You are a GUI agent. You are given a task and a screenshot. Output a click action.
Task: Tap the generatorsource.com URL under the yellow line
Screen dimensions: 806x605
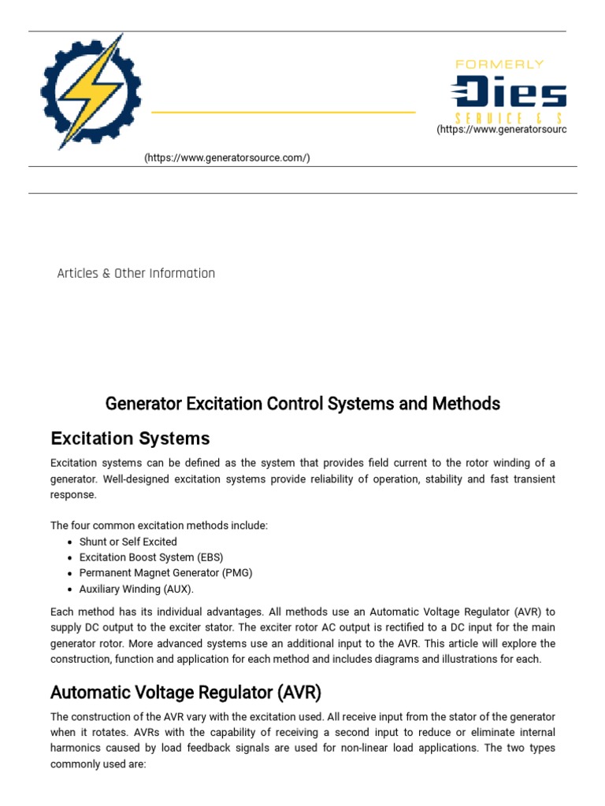pos(227,158)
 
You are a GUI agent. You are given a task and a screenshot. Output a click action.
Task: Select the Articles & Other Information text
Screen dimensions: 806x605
pos(136,273)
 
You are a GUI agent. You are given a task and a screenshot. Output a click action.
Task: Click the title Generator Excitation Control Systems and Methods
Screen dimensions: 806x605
pos(302,404)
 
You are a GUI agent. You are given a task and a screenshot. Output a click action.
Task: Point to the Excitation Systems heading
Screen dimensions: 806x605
pos(130,438)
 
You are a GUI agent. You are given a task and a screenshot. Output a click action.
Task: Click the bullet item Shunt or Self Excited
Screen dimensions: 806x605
pos(128,542)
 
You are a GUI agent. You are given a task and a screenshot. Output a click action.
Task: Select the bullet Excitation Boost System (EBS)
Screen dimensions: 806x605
pos(150,557)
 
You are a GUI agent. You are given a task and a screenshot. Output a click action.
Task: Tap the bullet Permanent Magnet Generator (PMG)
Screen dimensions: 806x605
pos(165,573)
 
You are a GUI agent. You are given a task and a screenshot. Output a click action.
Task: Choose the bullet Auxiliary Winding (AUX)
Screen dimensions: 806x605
pos(136,589)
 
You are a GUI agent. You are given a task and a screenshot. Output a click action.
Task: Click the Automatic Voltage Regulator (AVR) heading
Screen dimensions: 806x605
pos(186,693)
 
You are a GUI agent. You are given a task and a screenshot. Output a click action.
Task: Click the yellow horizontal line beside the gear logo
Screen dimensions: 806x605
pos(283,113)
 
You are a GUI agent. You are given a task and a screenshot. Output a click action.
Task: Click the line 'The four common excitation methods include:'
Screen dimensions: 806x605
pos(159,525)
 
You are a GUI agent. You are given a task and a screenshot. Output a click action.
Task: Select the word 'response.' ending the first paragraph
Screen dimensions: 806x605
pos(73,495)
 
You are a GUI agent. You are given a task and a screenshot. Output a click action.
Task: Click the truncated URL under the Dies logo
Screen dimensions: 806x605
pos(501,129)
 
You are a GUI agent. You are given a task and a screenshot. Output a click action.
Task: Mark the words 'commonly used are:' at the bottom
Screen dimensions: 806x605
pos(98,763)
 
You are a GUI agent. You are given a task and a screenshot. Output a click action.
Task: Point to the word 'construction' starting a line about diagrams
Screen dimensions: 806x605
pos(80,659)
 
